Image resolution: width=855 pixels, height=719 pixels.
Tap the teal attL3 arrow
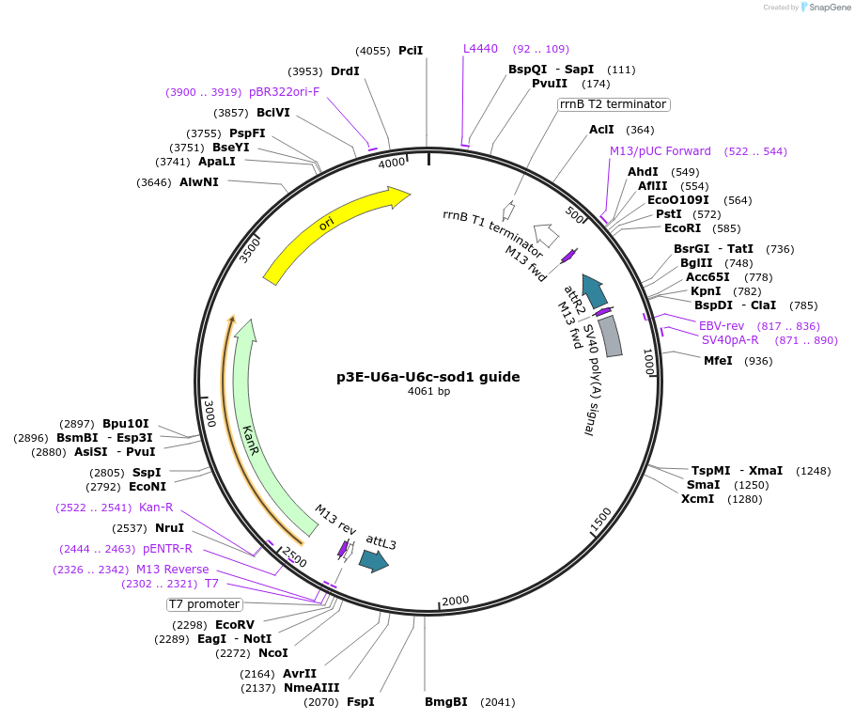pyautogui.click(x=374, y=561)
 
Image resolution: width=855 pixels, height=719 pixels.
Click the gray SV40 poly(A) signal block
pyautogui.click(x=611, y=336)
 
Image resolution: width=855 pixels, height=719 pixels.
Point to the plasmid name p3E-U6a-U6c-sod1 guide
pyautogui.click(x=428, y=377)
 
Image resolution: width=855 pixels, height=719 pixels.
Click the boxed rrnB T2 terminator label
pyautogui.click(x=614, y=104)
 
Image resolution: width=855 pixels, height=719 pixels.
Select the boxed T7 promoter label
pyautogui.click(x=205, y=604)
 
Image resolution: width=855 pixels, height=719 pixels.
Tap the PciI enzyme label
pyautogui.click(x=411, y=51)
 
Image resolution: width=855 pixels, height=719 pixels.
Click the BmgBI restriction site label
pyautogui.click(x=445, y=702)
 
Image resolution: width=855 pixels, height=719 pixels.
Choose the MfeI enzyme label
pyautogui.click(x=719, y=361)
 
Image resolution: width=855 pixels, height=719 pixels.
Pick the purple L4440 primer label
pyautogui.click(x=480, y=49)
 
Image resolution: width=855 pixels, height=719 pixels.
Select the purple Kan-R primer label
pyautogui.click(x=156, y=508)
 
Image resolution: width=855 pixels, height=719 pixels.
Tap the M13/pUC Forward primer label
pyautogui.click(x=661, y=151)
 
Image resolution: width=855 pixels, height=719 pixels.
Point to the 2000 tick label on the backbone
pyautogui.click(x=455, y=602)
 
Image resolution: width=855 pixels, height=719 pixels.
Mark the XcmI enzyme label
pyautogui.click(x=697, y=498)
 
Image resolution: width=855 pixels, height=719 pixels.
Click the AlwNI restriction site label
pyautogui.click(x=199, y=182)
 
